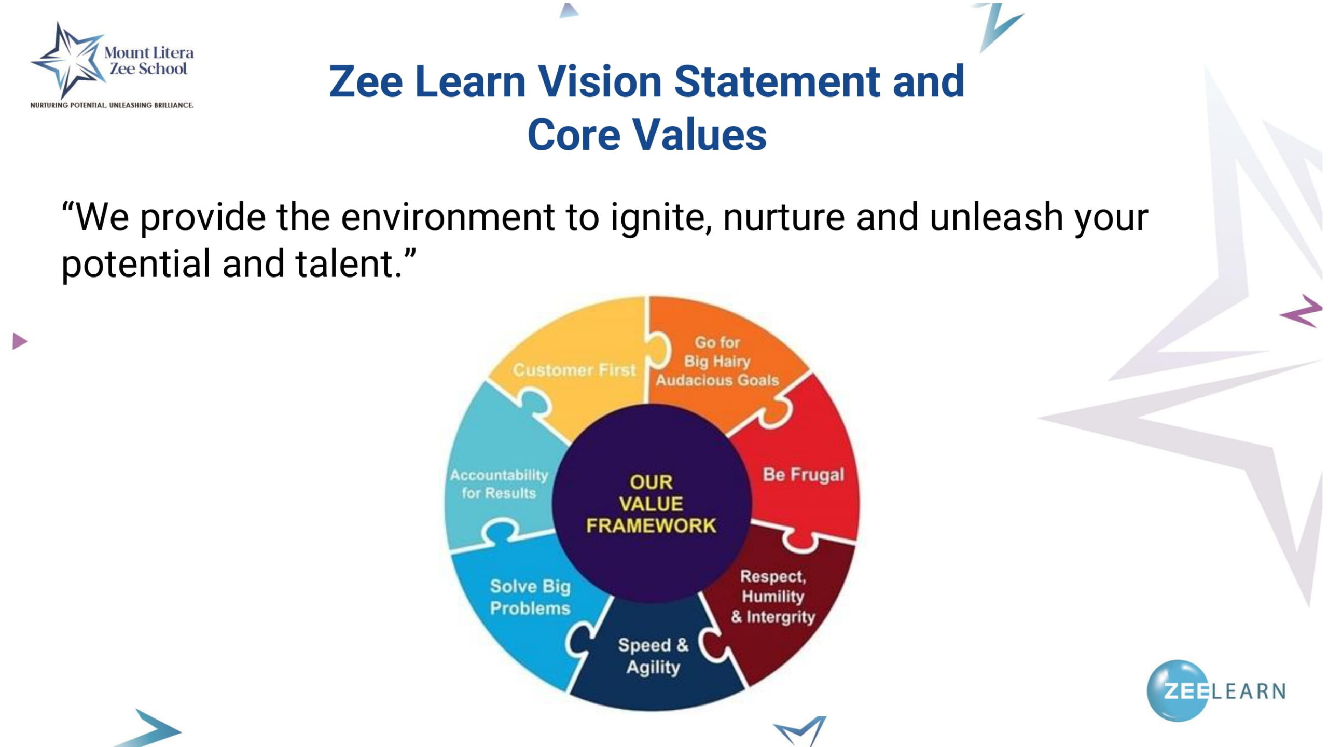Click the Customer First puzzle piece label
574,370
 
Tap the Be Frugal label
804,475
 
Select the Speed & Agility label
653,656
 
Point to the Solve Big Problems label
530,597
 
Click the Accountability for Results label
499,483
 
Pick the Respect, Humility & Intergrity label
773,597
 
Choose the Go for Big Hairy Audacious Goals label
717,361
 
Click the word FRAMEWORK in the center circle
651,525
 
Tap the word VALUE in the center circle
651,504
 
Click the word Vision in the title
599,81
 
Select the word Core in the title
574,135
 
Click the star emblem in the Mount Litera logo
67,60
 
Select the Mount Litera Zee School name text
149,61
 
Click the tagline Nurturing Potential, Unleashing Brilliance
112,105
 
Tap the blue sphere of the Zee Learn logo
1178,690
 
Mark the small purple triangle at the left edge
20,341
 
